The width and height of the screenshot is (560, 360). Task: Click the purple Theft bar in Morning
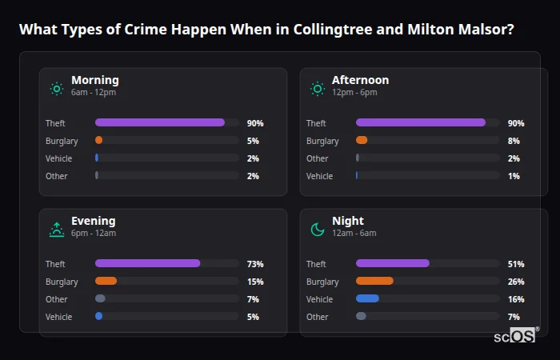click(x=160, y=122)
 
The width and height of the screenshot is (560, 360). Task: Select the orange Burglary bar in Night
click(x=374, y=281)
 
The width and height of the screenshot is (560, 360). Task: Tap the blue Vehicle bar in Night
click(x=367, y=298)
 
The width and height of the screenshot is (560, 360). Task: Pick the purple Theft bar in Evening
click(x=147, y=263)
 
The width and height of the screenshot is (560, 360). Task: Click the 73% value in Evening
click(x=255, y=264)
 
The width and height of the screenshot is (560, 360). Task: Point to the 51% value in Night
click(x=516, y=264)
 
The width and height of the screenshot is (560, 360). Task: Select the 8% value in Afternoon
click(x=514, y=141)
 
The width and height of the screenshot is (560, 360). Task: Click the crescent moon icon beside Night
click(x=318, y=230)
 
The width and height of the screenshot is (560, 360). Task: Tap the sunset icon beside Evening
click(x=56, y=230)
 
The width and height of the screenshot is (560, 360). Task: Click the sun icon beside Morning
click(x=56, y=89)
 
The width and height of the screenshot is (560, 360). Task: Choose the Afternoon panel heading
click(x=360, y=80)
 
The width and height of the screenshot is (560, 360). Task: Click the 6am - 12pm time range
click(x=94, y=93)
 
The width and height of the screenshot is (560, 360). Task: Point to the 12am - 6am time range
click(x=354, y=234)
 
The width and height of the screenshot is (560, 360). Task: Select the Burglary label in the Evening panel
click(x=62, y=282)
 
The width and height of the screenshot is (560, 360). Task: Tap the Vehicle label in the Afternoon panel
click(x=319, y=176)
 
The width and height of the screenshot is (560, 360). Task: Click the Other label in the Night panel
click(x=317, y=317)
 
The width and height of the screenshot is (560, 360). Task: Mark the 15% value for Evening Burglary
click(x=255, y=282)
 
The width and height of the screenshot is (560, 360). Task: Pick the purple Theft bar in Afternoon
click(x=421, y=122)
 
